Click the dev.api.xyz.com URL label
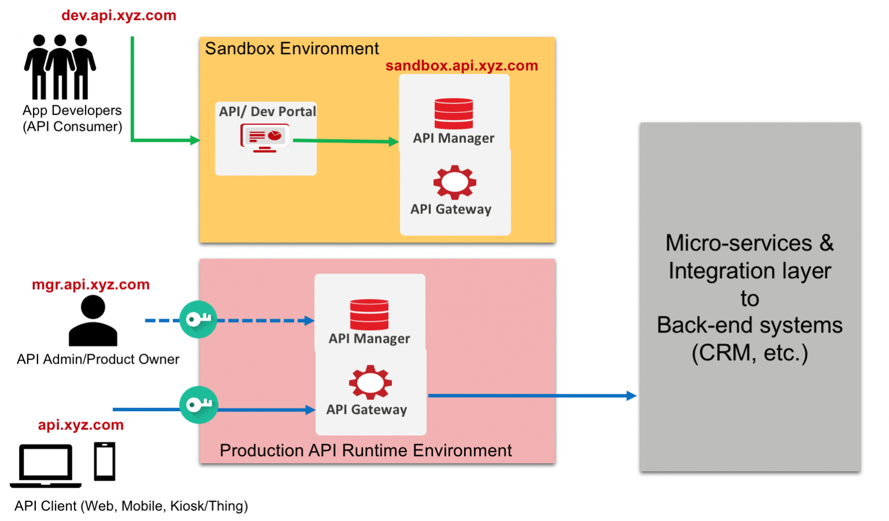(119, 16)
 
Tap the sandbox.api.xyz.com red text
(461, 66)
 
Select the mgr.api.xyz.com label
(91, 284)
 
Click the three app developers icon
(60, 66)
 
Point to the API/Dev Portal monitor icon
(265, 138)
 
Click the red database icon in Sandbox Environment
(454, 113)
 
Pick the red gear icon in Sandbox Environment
(455, 182)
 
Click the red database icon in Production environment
(369, 314)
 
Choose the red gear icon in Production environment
(370, 382)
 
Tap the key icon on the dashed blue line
(198, 319)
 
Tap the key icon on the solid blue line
(199, 405)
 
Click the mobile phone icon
(105, 461)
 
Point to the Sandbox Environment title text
(292, 49)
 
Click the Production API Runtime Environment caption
(366, 450)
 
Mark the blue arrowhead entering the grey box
(631, 396)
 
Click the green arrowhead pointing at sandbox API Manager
(394, 142)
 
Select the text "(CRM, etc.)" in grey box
(750, 353)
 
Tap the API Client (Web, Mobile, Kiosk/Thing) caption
(131, 506)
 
